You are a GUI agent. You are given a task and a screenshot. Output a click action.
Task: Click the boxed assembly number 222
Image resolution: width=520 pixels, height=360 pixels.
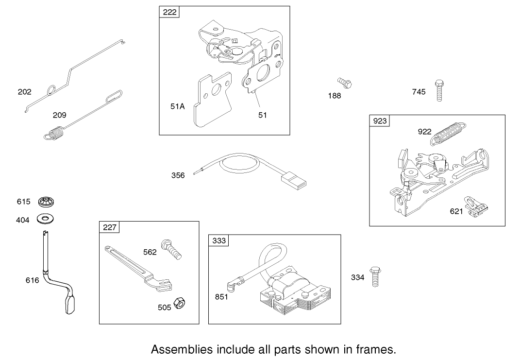(169, 12)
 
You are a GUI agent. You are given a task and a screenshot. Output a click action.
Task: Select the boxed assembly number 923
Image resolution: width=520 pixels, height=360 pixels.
(380, 120)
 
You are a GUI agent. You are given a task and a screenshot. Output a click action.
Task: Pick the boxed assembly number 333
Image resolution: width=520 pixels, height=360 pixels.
(219, 240)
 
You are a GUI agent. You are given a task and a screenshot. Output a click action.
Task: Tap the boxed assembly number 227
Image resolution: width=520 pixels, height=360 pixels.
(110, 227)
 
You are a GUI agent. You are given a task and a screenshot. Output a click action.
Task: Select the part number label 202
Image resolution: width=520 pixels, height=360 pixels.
(24, 92)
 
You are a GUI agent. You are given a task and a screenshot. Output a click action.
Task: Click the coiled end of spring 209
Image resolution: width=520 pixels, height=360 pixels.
(55, 133)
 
